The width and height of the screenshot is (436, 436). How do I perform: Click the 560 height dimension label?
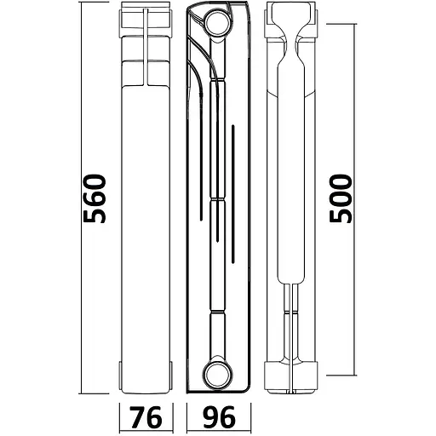95,198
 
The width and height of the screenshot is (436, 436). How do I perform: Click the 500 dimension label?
341,198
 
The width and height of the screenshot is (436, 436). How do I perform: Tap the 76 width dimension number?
146,417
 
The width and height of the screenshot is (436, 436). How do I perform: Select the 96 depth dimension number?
219,417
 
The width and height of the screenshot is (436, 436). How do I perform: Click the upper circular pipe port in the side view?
218,23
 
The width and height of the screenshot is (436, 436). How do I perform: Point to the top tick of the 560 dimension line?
94,2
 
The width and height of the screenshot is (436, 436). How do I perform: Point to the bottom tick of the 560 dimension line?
94,393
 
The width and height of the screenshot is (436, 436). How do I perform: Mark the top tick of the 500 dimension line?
341,24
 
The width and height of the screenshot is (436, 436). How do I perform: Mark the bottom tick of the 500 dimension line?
341,376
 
